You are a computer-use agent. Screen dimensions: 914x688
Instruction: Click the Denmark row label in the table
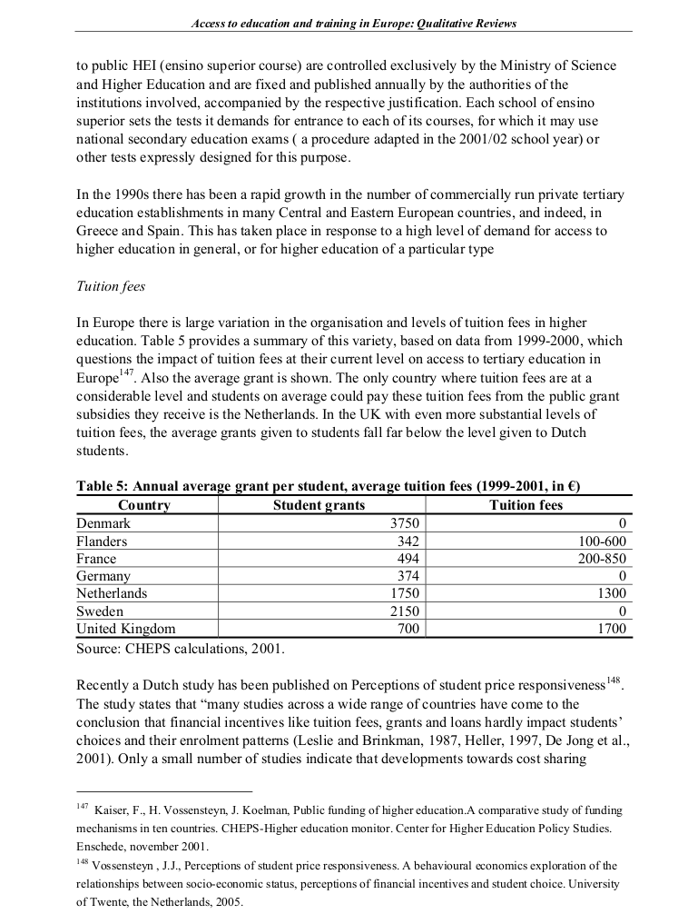(x=103, y=523)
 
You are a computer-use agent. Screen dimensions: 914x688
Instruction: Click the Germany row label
(x=103, y=576)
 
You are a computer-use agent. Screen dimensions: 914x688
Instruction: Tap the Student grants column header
(x=319, y=505)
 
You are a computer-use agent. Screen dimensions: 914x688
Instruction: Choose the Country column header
(x=143, y=505)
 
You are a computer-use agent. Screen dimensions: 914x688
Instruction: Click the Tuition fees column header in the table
(x=526, y=505)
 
